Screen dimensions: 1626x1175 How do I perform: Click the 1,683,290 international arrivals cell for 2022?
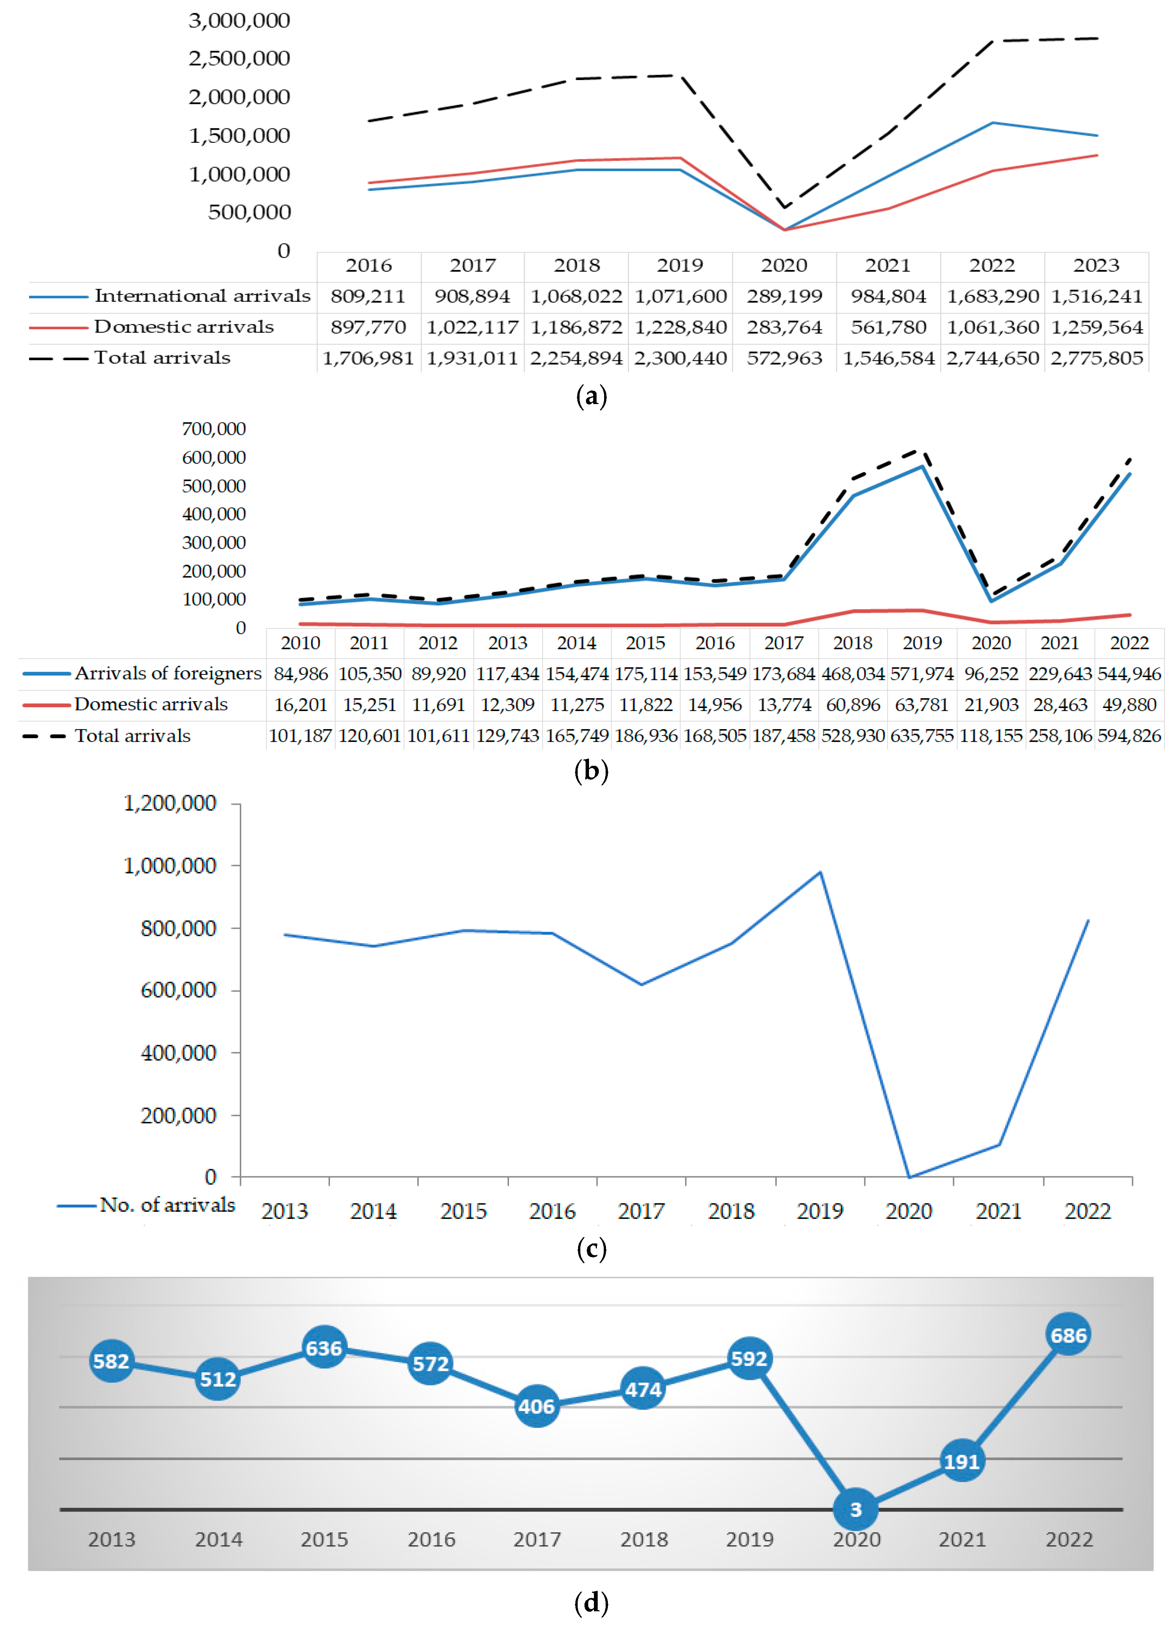(992, 296)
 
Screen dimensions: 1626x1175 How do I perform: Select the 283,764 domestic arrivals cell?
(784, 327)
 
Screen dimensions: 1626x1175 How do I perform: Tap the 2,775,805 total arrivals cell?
(1096, 358)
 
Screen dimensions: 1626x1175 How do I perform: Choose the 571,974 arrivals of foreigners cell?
(922, 674)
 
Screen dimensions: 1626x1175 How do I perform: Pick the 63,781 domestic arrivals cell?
(922, 705)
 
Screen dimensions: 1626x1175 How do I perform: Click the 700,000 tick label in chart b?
(214, 429)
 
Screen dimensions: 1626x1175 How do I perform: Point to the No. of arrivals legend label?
(167, 1205)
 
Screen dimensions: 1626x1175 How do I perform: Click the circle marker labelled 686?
(1068, 1335)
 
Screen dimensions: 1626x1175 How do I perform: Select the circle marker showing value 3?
(855, 1509)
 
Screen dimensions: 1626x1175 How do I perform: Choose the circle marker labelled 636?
(324, 1348)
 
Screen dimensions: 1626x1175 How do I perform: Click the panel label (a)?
(591, 396)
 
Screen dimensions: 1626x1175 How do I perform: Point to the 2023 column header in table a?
(1096, 265)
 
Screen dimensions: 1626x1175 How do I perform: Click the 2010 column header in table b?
(301, 643)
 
